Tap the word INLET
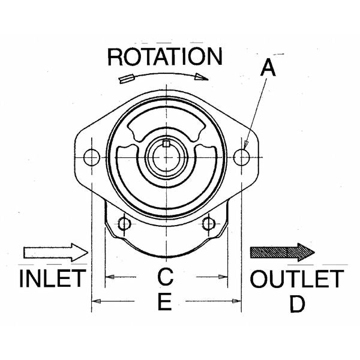[53, 280]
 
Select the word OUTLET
[297, 279]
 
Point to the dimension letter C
[166, 277]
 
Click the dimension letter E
[165, 302]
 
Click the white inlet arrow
[54, 251]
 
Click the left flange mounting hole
[91, 158]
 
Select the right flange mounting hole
[241, 157]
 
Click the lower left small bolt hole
[124, 224]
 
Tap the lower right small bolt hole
[208, 224]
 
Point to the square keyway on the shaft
[166, 143]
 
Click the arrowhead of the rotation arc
[204, 76]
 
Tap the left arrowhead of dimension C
[109, 277]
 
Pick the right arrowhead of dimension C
[225, 277]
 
